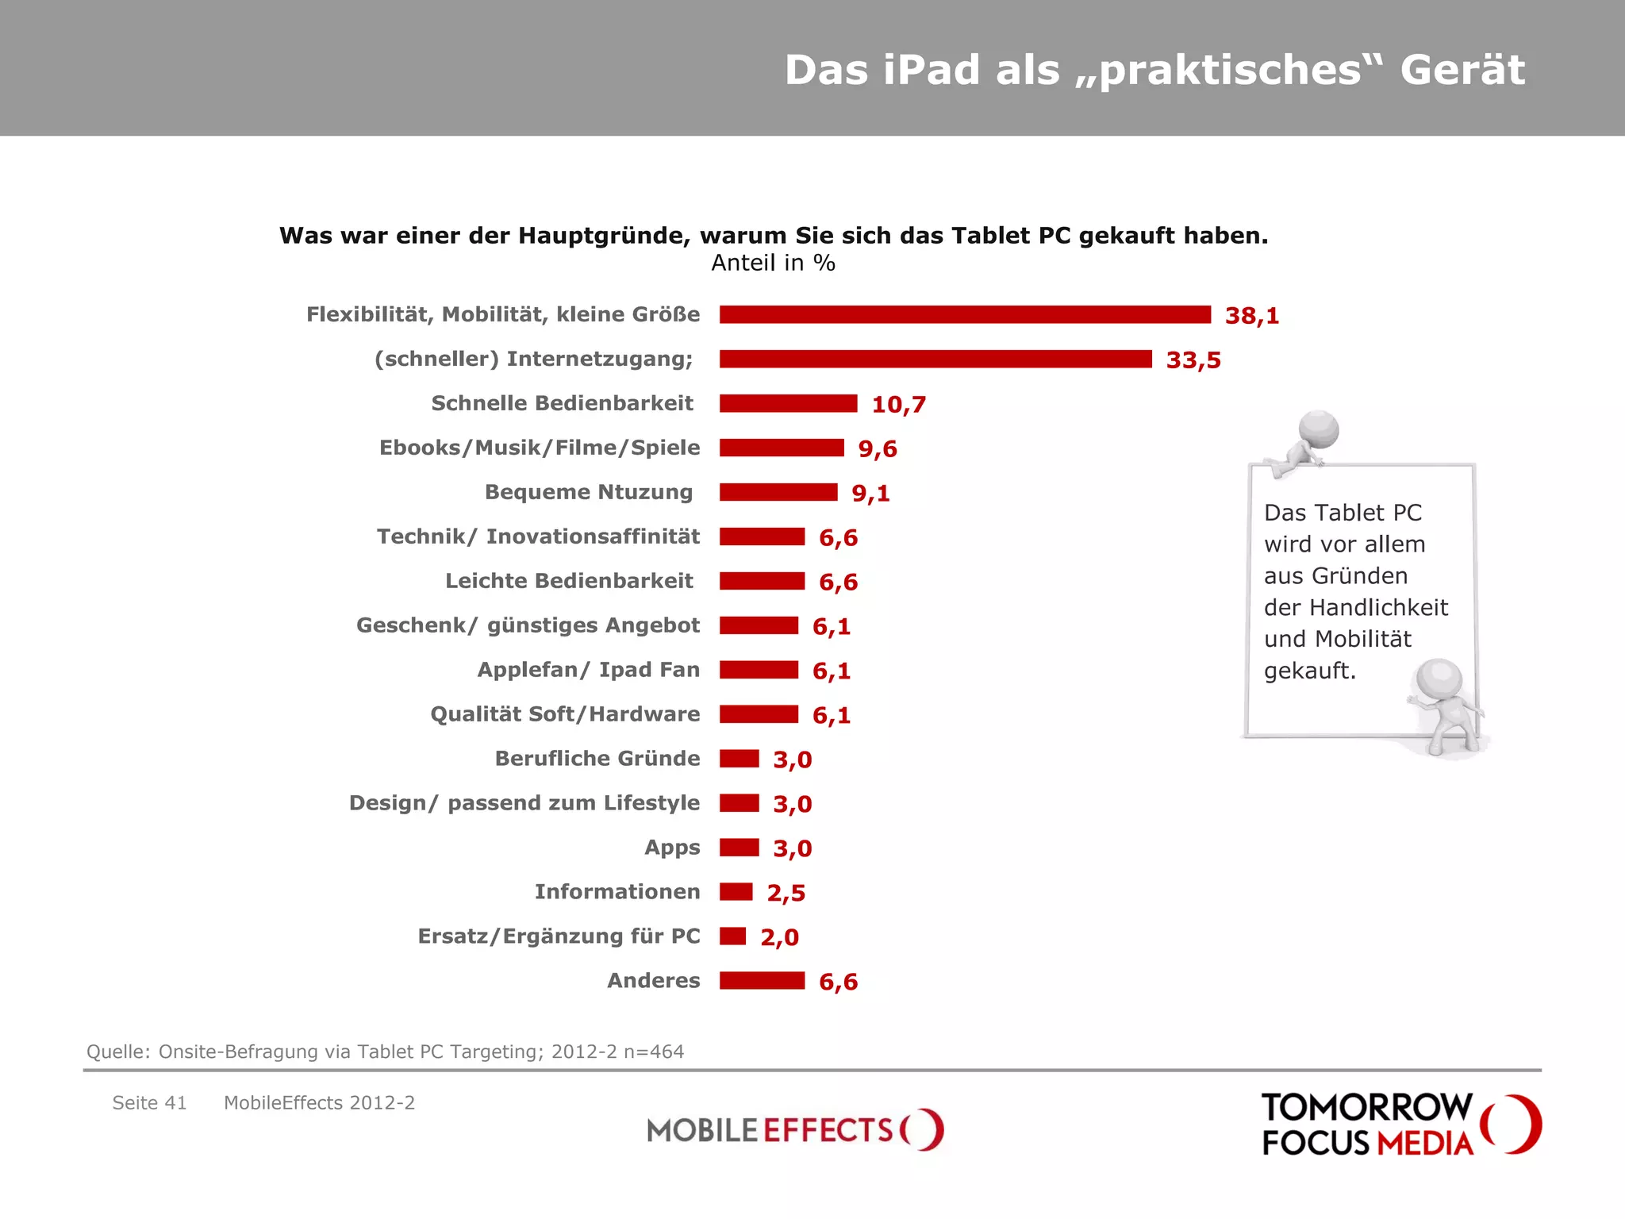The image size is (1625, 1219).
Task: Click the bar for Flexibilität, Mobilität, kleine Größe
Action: [x=965, y=315]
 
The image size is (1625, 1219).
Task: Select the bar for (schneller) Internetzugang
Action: [x=935, y=360]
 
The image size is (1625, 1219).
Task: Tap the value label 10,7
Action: [x=898, y=405]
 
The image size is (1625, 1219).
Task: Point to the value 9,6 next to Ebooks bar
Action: [x=878, y=449]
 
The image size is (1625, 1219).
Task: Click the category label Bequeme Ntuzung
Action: [x=589, y=492]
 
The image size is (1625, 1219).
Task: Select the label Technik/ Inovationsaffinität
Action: [x=538, y=536]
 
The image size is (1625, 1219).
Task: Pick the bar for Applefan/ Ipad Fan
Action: [x=759, y=670]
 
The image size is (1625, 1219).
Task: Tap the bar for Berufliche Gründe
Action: [x=740, y=759]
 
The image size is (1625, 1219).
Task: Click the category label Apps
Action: [x=672, y=848]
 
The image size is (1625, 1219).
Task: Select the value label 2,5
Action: [x=786, y=893]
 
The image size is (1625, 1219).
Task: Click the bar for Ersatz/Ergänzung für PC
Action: [x=733, y=936]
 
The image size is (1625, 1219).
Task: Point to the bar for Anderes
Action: [x=762, y=981]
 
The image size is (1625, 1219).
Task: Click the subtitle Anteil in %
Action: [x=773, y=263]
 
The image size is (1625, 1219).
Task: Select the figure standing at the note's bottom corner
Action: [x=1444, y=702]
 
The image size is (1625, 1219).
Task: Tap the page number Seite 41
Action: [x=149, y=1103]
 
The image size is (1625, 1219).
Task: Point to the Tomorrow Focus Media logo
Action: [x=1400, y=1125]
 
